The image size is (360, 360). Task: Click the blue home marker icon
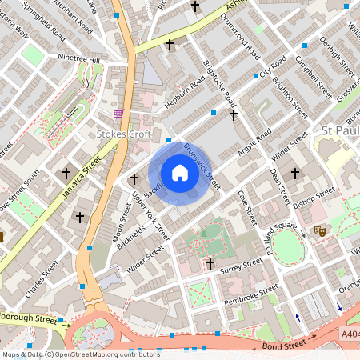(180, 173)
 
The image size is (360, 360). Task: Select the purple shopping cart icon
(119, 114)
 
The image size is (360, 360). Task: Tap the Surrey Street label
(242, 264)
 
